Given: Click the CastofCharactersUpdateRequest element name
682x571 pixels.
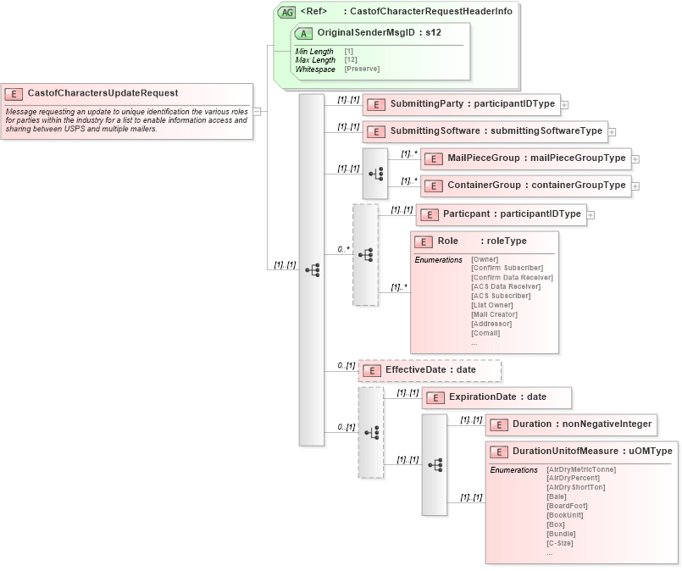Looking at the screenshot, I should pos(103,93).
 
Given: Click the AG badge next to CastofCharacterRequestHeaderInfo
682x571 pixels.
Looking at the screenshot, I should pos(287,13).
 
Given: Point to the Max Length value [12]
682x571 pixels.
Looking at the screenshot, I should pos(350,60).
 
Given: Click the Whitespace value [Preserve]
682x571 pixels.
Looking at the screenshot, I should pos(362,69).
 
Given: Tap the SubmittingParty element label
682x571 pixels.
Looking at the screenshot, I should pos(426,104).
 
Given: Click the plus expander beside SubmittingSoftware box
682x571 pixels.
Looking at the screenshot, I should pos(612,132).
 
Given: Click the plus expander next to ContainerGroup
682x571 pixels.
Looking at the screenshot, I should pos(635,186).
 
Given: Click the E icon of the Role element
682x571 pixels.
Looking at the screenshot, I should pos(424,241).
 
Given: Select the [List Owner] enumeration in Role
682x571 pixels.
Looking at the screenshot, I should pos(491,305).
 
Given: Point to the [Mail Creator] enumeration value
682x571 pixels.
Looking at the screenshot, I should pos(494,314).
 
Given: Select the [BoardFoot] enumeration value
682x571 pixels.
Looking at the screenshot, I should pos(567,506).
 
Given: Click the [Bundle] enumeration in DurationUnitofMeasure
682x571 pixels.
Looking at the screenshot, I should pos(561,534).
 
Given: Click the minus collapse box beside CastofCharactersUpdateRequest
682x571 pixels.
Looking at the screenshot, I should pos(257,110).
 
